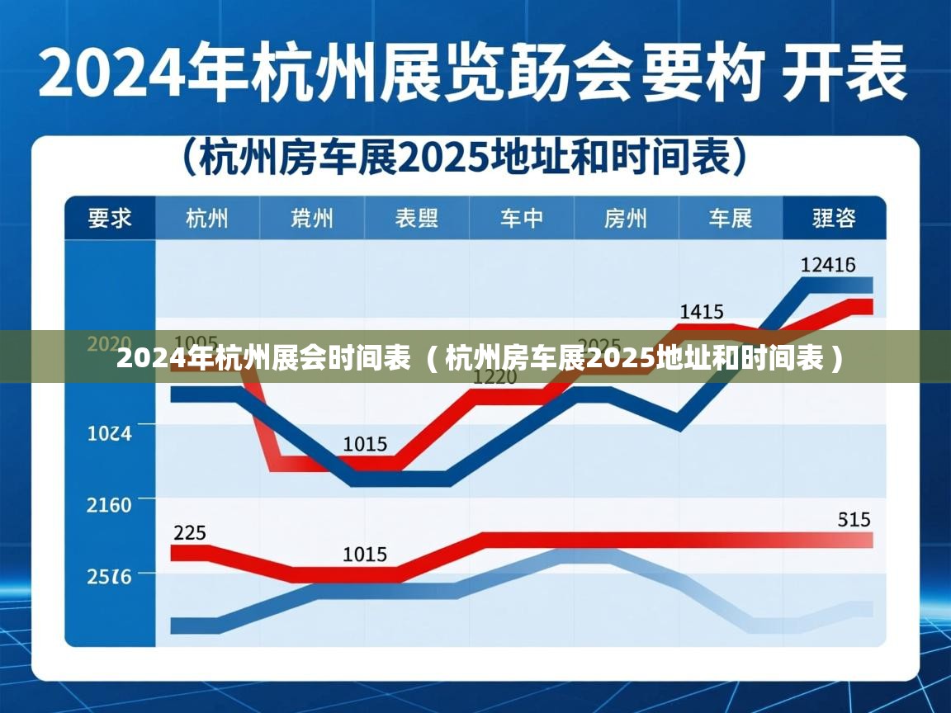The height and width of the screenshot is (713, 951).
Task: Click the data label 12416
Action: pyautogui.click(x=828, y=265)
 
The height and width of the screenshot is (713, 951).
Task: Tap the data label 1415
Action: pyautogui.click(x=702, y=312)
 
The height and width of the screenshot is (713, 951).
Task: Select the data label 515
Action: pyautogui.click(x=854, y=520)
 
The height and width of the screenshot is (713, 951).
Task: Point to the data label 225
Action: pyautogui.click(x=190, y=533)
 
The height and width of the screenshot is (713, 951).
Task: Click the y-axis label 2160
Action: pyautogui.click(x=110, y=504)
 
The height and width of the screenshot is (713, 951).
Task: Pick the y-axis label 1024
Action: pyautogui.click(x=110, y=432)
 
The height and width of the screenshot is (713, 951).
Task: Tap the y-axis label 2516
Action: pyautogui.click(x=110, y=577)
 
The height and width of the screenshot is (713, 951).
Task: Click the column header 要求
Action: pyautogui.click(x=110, y=219)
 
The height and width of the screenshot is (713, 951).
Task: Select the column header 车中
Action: pyautogui.click(x=522, y=219)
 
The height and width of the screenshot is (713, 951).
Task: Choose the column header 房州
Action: pyautogui.click(x=626, y=219)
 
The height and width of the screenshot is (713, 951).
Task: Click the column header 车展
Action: pyautogui.click(x=731, y=219)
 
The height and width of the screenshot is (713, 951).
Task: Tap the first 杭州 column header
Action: pyautogui.click(x=207, y=219)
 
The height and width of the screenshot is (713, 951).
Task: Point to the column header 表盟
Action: pyautogui.click(x=417, y=219)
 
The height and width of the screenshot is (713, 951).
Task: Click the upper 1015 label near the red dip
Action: pyautogui.click(x=365, y=445)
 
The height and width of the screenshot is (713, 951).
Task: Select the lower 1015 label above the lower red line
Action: pyautogui.click(x=365, y=555)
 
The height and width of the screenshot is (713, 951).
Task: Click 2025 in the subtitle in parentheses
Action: pyautogui.click(x=441, y=157)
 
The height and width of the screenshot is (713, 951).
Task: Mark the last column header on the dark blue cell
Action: pyautogui.click(x=834, y=219)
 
